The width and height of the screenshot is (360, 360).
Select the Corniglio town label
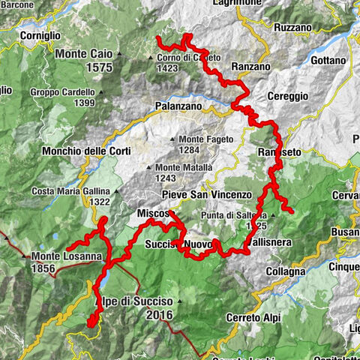[40, 34]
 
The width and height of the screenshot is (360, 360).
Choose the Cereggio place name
[288, 96]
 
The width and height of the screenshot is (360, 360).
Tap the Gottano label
[328, 60]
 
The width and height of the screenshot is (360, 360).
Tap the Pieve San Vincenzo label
[196, 195]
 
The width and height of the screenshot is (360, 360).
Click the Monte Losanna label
[66, 256]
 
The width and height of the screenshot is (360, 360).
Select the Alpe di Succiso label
[133, 301]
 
